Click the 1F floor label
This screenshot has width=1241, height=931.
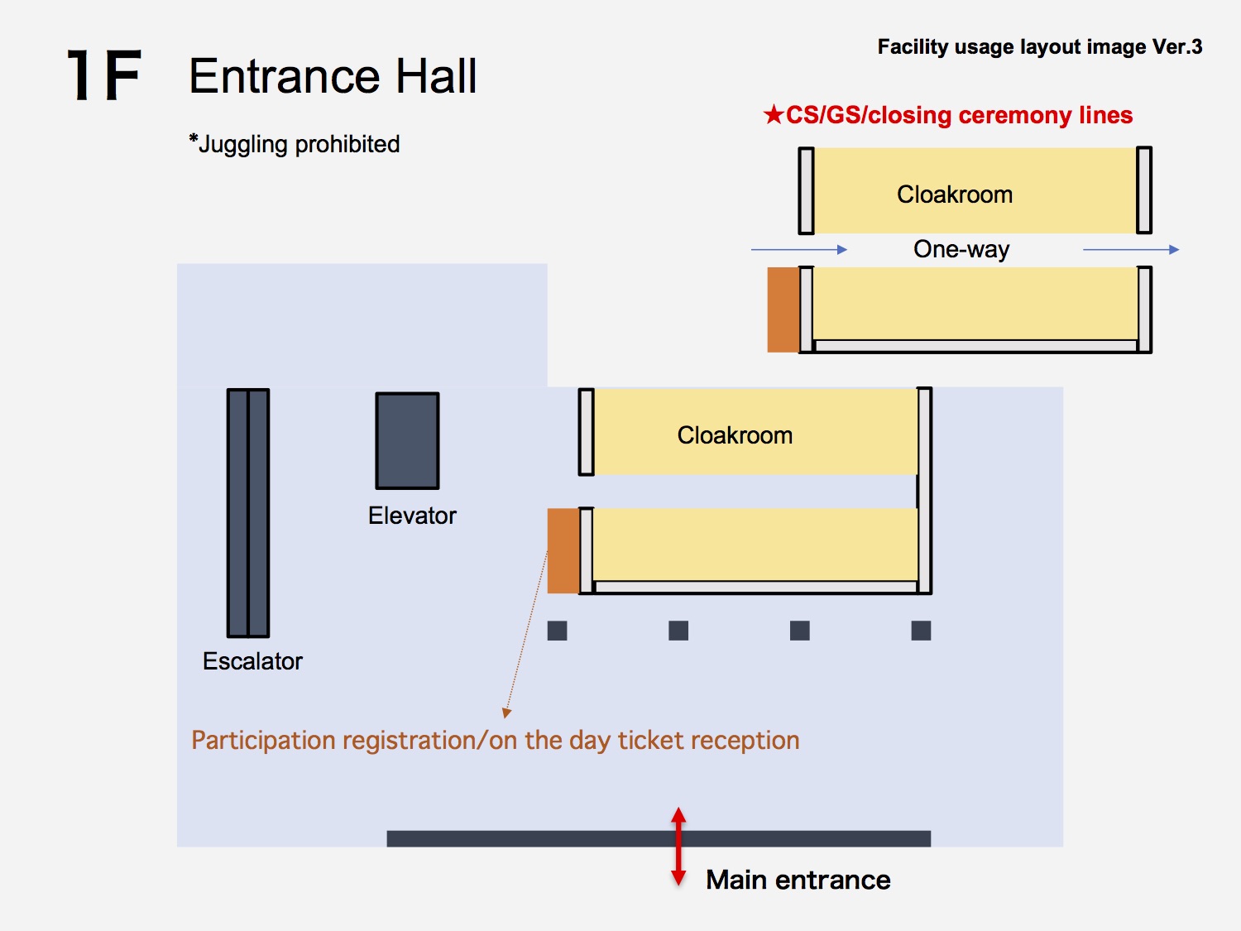(103, 75)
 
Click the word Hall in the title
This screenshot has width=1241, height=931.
(436, 76)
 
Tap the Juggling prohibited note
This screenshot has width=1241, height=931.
(294, 144)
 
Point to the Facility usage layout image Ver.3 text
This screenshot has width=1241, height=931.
(1040, 47)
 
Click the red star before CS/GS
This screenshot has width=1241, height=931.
(774, 115)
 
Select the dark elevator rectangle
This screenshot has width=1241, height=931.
(407, 441)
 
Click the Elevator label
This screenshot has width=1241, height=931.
(412, 516)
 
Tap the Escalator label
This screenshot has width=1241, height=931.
(252, 660)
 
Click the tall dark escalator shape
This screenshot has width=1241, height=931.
(248, 513)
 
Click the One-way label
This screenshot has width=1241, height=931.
(961, 249)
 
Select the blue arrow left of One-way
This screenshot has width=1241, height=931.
(799, 249)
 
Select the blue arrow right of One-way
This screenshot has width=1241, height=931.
(1131, 249)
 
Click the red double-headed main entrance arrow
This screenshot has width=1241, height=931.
(678, 847)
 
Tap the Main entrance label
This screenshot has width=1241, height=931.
(798, 881)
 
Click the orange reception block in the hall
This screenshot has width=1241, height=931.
(563, 550)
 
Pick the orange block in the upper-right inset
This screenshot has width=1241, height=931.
(783, 310)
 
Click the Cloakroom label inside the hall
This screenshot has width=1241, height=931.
(735, 435)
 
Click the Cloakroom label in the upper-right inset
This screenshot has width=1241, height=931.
(955, 194)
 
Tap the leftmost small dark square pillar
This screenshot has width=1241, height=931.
(557, 631)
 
